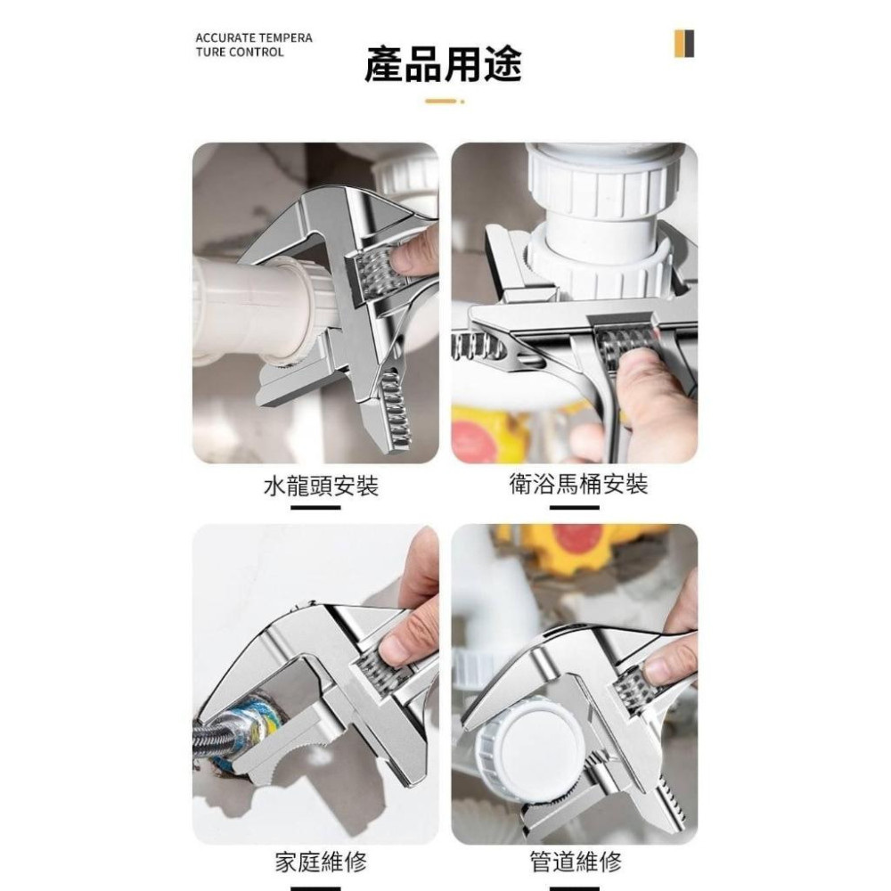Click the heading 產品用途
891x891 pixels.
443,64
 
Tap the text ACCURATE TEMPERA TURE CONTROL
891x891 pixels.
253,45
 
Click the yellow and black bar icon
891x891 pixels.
683,44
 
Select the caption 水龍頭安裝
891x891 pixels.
321,486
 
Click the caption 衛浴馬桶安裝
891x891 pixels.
577,485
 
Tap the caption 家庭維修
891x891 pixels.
320,862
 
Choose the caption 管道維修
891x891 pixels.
576,862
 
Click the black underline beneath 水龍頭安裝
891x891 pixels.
315,508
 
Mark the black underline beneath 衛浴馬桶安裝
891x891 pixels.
574,508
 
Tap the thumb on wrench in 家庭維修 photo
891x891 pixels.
401,637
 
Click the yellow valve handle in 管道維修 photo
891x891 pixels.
579,539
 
